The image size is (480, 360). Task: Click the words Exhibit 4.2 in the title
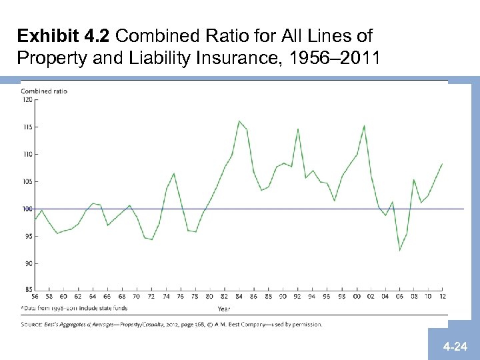[x=57, y=35]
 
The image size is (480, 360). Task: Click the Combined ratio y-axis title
[x=44, y=91]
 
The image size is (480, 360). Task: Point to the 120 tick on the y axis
[x=27, y=99]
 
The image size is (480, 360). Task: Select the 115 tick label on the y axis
[x=27, y=127]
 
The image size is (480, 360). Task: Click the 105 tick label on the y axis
[x=27, y=181]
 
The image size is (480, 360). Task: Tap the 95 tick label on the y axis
[x=28, y=236]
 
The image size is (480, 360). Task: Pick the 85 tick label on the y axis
[x=28, y=290]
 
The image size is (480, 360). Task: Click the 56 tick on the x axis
[x=35, y=296]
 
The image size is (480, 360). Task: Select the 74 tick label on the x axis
[x=166, y=296]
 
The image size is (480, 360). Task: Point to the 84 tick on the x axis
[x=239, y=296]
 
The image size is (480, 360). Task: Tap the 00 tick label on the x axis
[x=356, y=296]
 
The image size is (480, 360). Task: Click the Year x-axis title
[x=225, y=308]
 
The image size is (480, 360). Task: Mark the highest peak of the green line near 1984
[x=239, y=121]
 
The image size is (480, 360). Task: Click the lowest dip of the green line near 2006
[x=400, y=250]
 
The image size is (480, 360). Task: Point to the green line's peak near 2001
[x=364, y=125]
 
